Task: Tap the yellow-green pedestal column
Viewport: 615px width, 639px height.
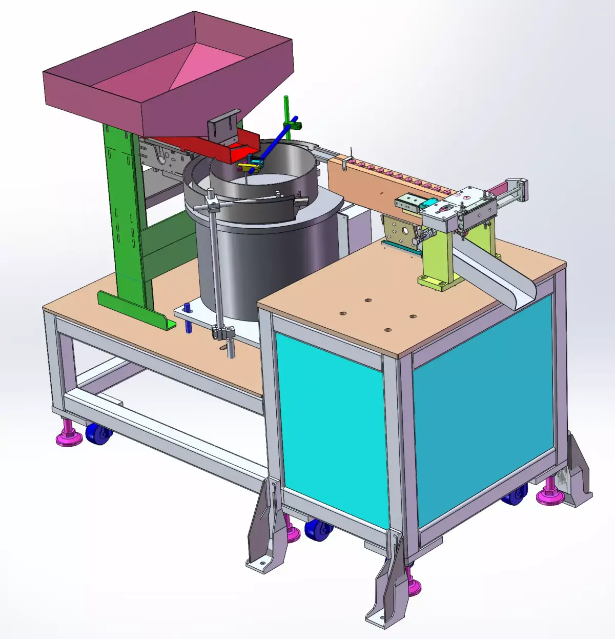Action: tap(436, 256)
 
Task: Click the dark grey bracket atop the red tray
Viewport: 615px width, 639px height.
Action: tap(224, 126)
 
